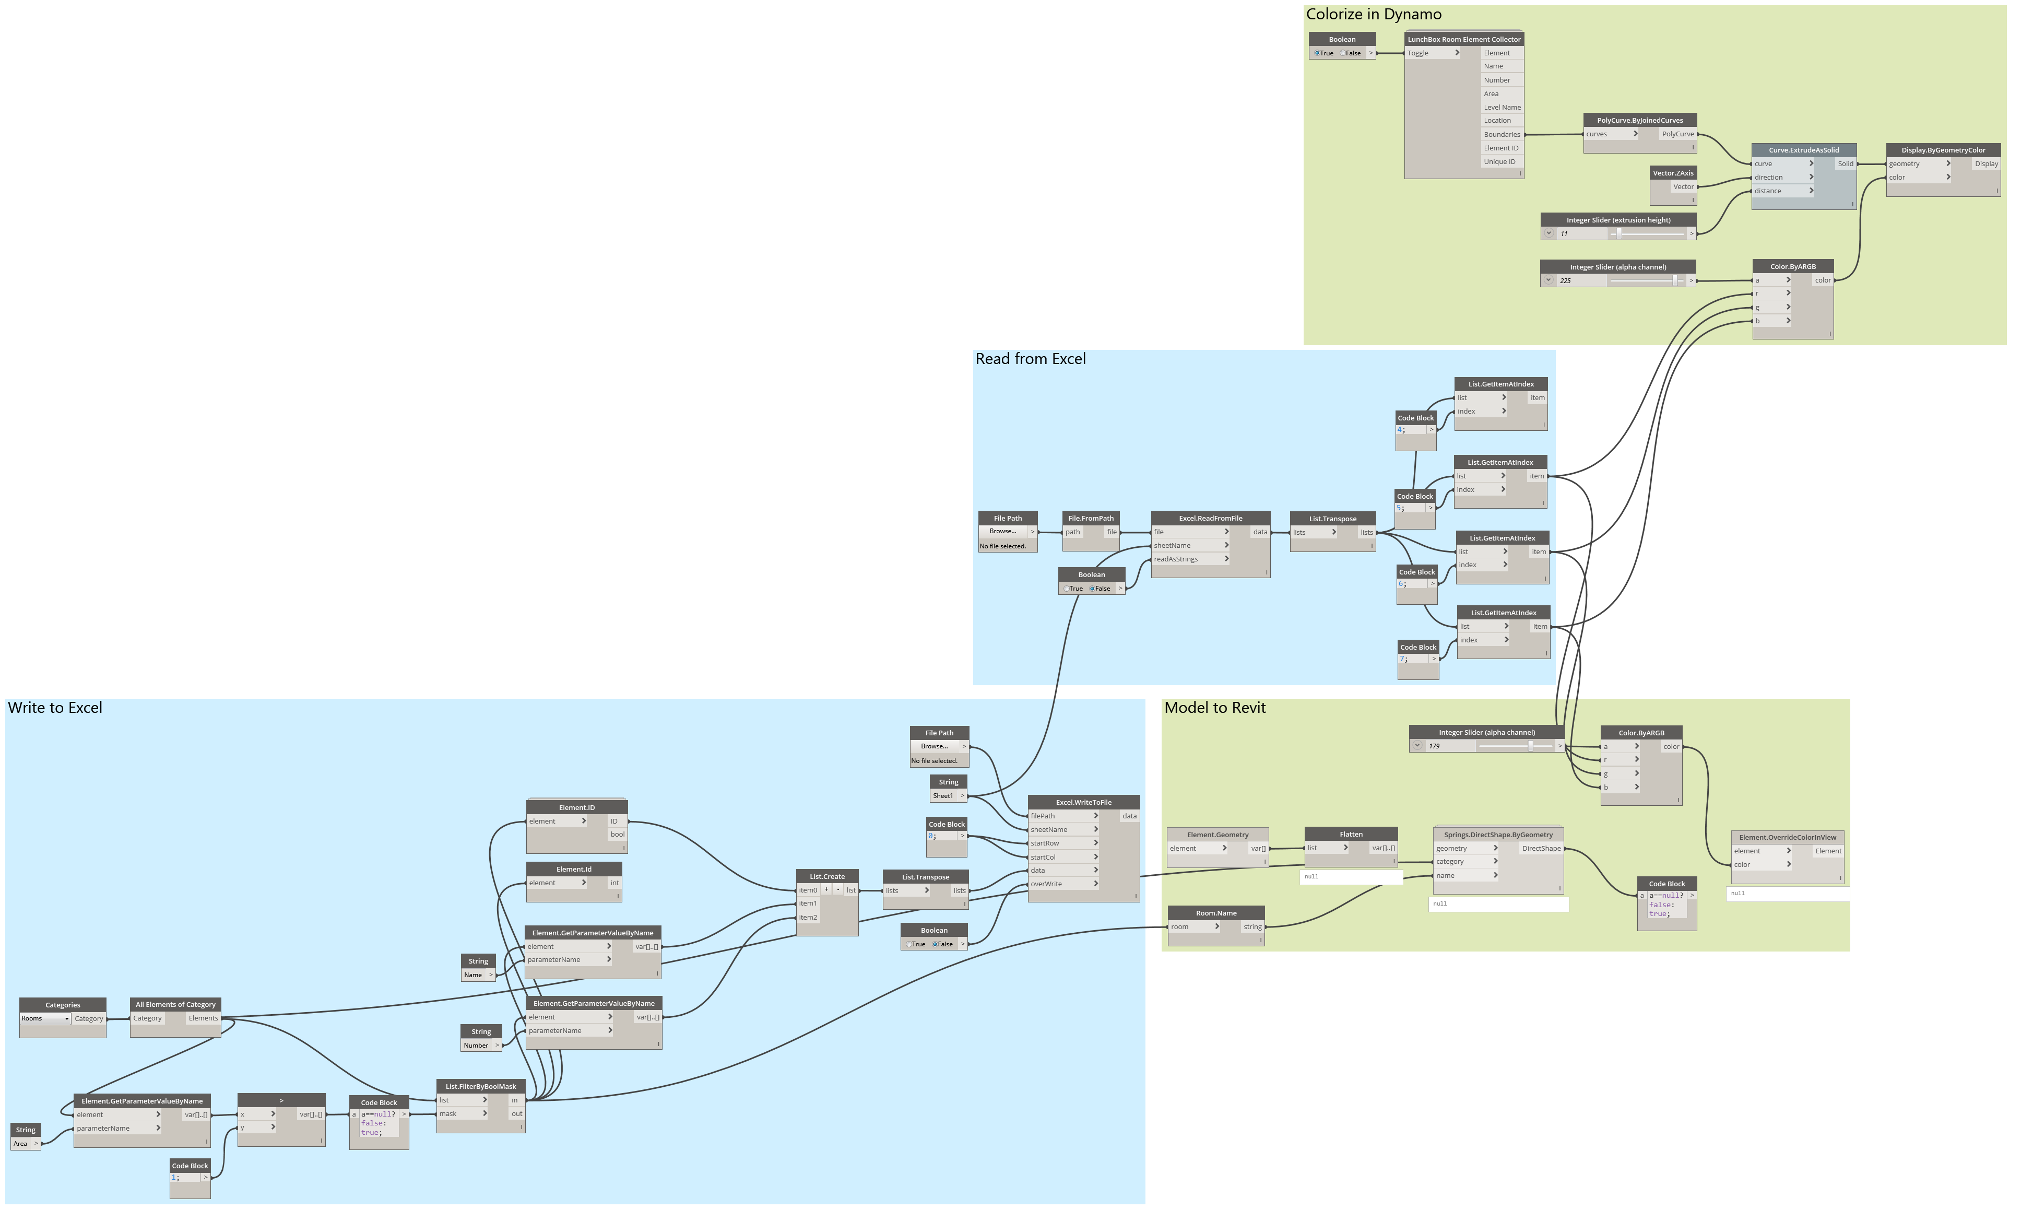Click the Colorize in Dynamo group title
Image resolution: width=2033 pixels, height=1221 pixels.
[1374, 15]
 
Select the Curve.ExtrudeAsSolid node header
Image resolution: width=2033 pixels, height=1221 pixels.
[1804, 150]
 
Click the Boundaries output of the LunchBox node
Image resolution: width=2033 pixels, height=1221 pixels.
[1502, 135]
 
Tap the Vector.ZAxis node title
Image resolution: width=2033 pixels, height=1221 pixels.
[1673, 173]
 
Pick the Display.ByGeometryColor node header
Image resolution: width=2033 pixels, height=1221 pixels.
[1943, 150]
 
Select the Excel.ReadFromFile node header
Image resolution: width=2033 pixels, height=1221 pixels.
[1210, 519]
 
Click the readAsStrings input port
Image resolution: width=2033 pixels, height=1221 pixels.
[1176, 559]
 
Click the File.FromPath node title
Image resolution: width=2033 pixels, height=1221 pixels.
[1091, 519]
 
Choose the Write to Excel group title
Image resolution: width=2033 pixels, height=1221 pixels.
[55, 708]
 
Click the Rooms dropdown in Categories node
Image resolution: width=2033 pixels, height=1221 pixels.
[45, 1018]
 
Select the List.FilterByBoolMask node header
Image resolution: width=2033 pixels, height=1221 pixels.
[480, 1086]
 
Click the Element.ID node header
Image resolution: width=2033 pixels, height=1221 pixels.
[576, 808]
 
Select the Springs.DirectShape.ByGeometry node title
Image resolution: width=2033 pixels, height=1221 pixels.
[1498, 835]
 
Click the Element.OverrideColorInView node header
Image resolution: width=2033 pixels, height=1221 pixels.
[1787, 838]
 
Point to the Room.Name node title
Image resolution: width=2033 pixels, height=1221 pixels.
[1215, 913]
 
